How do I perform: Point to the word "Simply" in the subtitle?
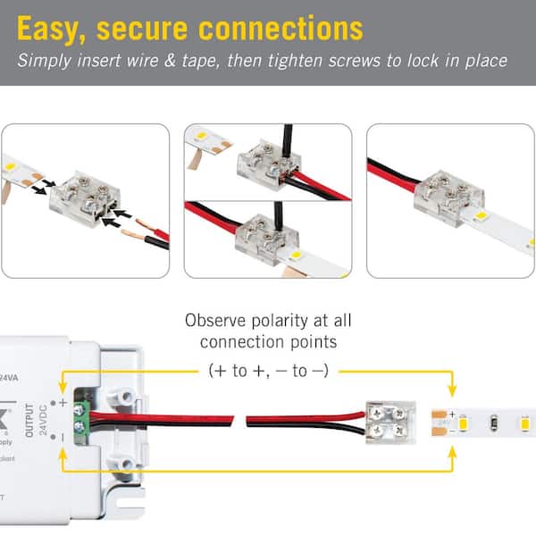click(45, 62)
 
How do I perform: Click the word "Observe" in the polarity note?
click(214, 321)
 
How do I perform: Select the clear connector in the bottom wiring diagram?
click(391, 419)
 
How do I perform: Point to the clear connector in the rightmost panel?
click(450, 186)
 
